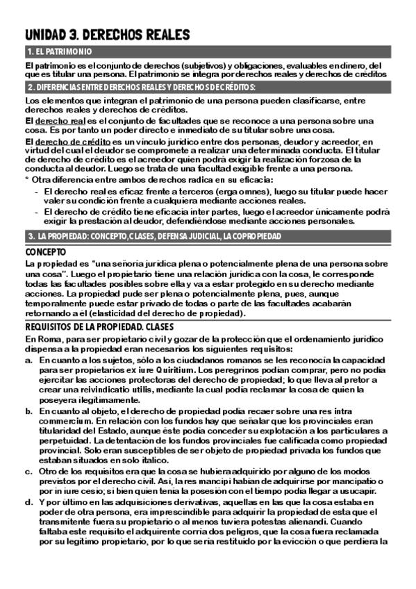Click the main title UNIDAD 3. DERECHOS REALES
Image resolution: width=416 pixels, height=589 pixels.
[x=107, y=35]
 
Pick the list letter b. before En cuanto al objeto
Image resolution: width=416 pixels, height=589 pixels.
[x=28, y=411]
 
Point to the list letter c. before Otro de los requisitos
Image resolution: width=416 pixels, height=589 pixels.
[x=28, y=472]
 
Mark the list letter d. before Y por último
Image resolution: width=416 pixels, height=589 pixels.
[x=28, y=502]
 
